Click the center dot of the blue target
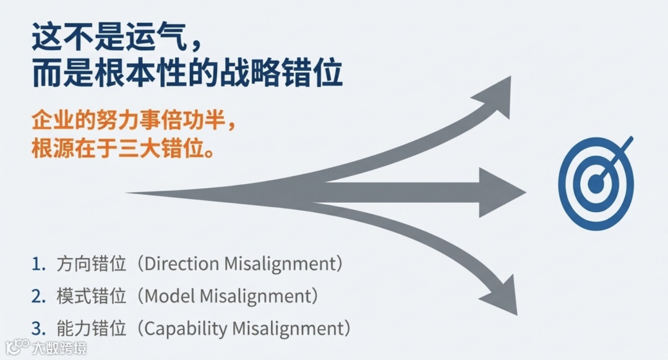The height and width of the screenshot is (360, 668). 596,183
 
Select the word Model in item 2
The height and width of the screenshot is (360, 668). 169,296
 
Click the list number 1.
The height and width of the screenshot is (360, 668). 38,265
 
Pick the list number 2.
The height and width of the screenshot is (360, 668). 38,297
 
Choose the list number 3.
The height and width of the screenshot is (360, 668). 38,328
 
